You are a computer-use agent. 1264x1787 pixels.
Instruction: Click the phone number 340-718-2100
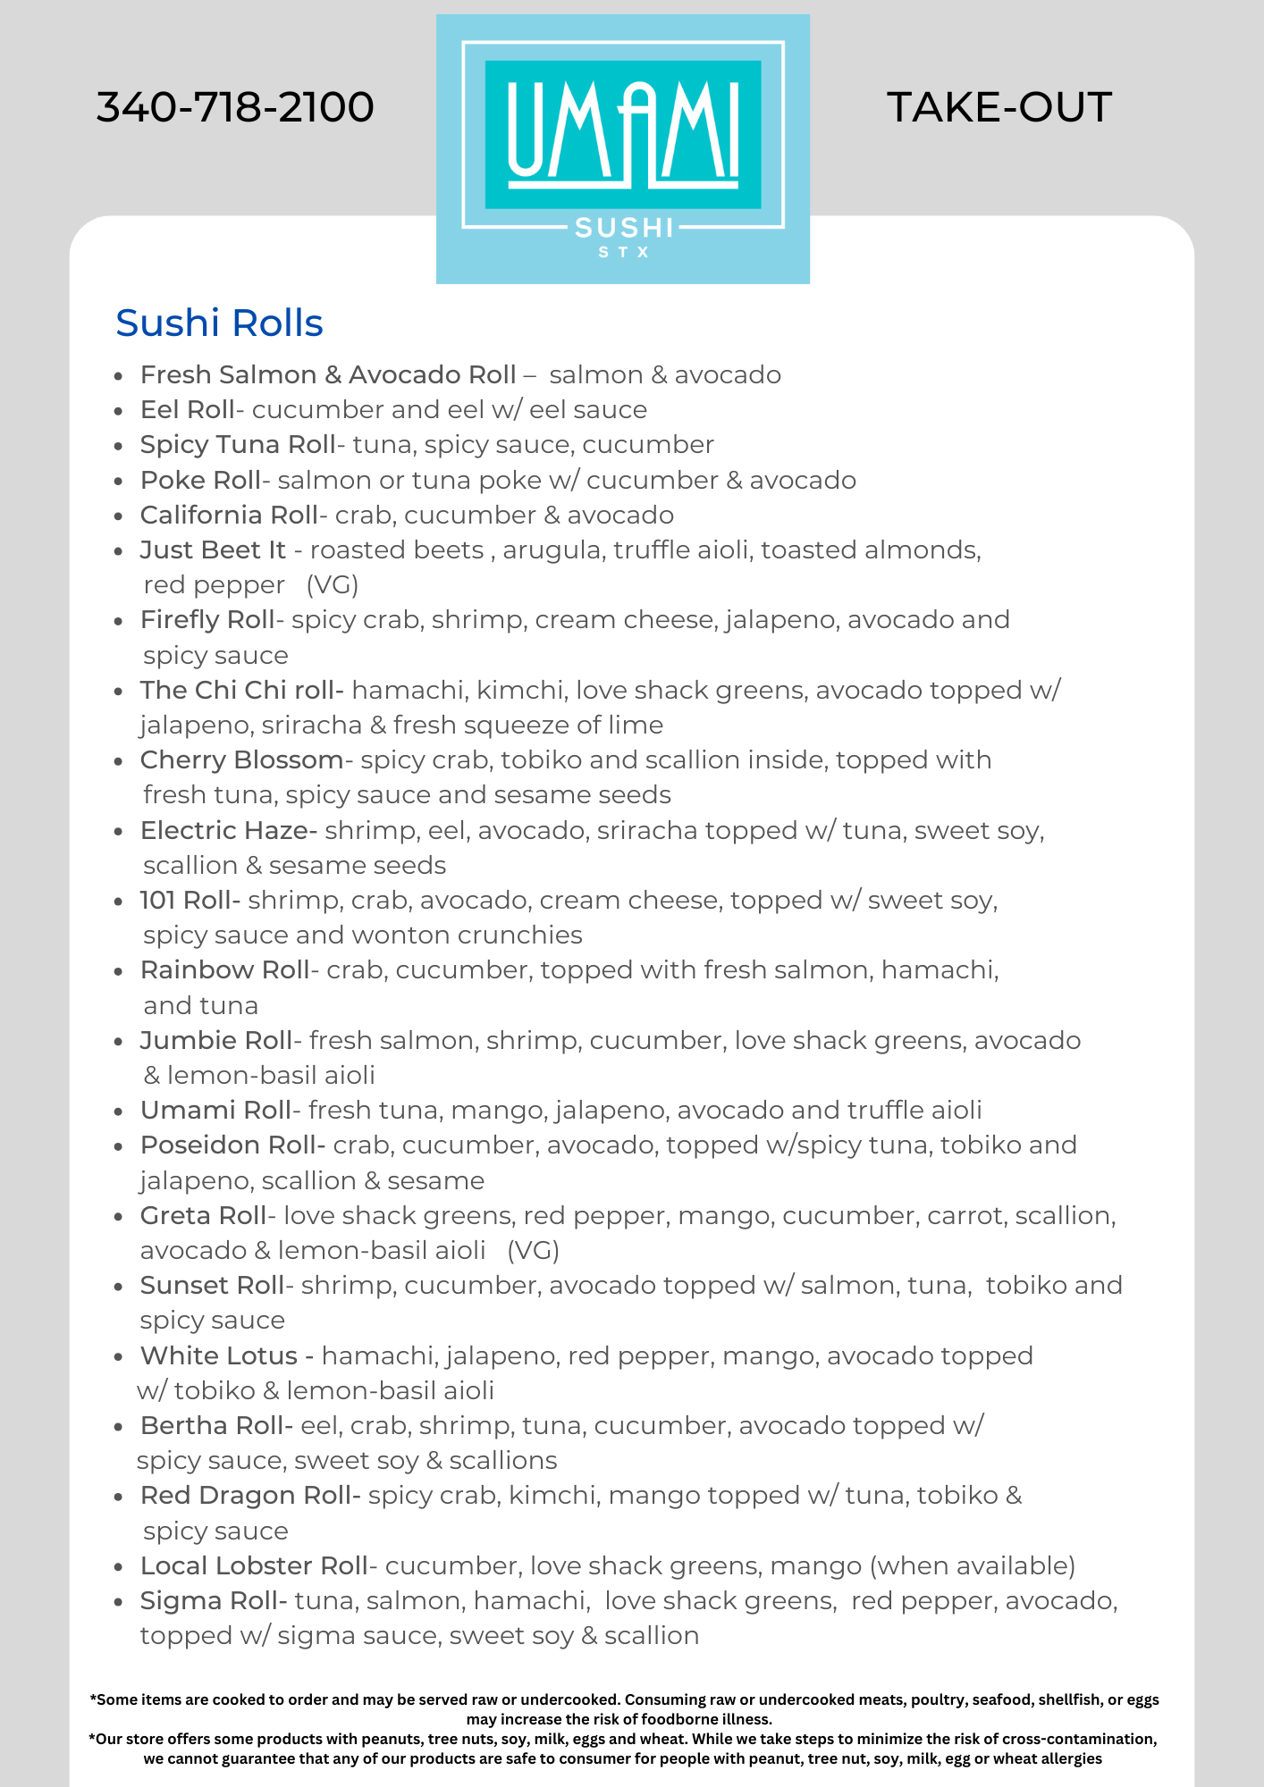pos(235,107)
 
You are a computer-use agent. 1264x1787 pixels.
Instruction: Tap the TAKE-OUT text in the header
pos(999,107)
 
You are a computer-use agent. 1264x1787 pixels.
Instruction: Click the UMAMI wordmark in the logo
pos(623,134)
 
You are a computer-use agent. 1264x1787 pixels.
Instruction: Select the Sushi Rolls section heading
pos(219,323)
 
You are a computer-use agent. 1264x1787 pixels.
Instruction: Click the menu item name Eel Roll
pos(187,410)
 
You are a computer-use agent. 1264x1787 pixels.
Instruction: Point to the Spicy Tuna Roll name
pos(237,445)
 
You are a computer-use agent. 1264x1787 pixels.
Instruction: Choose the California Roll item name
pos(229,516)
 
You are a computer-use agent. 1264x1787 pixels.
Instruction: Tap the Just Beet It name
pos(213,550)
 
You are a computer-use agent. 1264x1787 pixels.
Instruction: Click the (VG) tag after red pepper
pos(333,585)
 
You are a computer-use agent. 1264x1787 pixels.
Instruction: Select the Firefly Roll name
pos(207,620)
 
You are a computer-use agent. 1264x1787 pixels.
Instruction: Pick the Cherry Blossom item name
pos(241,760)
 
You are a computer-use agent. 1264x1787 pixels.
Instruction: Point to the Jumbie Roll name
pos(215,1041)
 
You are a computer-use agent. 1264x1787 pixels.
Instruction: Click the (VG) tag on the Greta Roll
pos(534,1251)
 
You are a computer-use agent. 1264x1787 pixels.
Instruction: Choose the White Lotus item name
pos(219,1356)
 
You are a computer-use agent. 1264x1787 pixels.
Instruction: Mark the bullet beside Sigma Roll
pos(118,1602)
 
